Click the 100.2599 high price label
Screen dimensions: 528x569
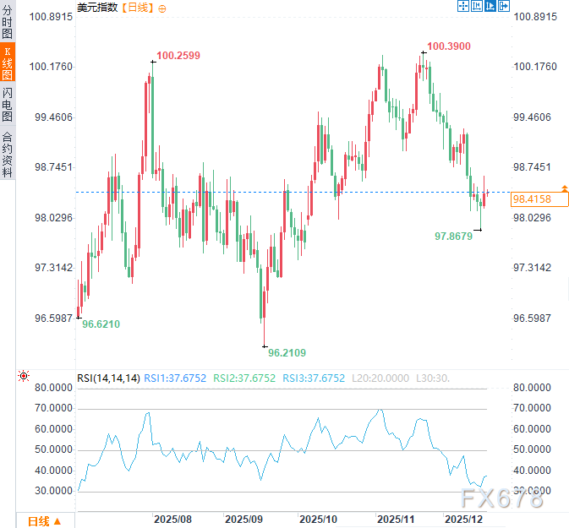178,56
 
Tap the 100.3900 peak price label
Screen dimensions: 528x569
448,46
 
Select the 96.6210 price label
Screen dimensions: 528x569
101,324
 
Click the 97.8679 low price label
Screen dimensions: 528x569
453,237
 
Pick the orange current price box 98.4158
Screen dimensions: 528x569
539,199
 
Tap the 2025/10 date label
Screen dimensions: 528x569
319,518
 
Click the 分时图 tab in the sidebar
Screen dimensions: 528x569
8,21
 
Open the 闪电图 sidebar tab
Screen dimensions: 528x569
8,105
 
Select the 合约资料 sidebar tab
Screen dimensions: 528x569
8,153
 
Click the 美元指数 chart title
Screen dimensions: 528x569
99,8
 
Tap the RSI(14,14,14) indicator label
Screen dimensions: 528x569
108,378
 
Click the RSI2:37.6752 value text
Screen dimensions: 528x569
244,378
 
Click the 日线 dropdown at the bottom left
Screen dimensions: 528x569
45,520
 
